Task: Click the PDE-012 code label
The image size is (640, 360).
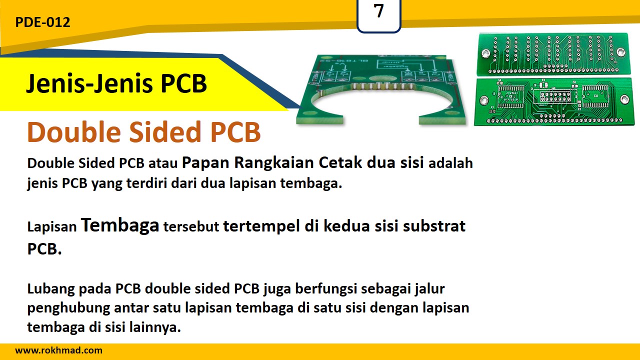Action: point(42,22)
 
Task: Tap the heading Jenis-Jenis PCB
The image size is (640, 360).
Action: point(116,83)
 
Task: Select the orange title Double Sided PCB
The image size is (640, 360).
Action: point(144,132)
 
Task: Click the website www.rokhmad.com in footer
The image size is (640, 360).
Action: point(58,350)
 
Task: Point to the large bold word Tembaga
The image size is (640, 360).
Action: point(120,225)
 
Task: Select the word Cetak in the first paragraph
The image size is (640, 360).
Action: point(340,163)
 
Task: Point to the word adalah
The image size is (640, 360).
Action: point(450,163)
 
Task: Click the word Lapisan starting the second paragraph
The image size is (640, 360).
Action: point(52,227)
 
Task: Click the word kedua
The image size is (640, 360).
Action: point(346,226)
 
